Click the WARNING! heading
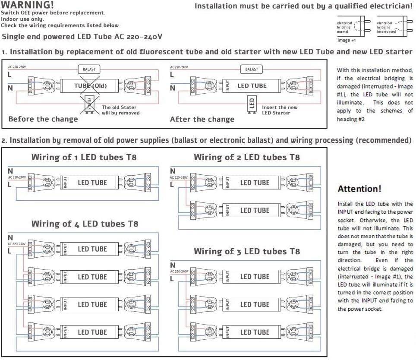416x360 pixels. point(28,5)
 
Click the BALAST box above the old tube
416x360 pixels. point(89,69)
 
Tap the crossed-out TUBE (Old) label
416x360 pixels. point(90,85)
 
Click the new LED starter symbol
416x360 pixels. point(252,104)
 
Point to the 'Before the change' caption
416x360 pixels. point(43,119)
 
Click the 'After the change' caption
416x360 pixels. point(202,119)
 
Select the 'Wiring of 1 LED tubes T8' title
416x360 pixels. point(84,158)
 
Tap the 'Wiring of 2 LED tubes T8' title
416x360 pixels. point(246,158)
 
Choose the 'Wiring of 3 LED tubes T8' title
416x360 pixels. point(246,251)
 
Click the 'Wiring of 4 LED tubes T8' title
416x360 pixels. point(85,224)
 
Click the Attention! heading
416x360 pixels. point(359,189)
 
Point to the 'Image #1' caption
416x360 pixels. point(346,40)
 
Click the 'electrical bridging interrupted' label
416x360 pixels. point(386,27)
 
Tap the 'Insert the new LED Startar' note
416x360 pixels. point(280,110)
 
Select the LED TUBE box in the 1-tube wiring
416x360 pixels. point(92,183)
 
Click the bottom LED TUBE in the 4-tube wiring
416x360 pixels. point(92,332)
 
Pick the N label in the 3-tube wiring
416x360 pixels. point(173,265)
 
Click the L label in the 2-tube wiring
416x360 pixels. point(172,184)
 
